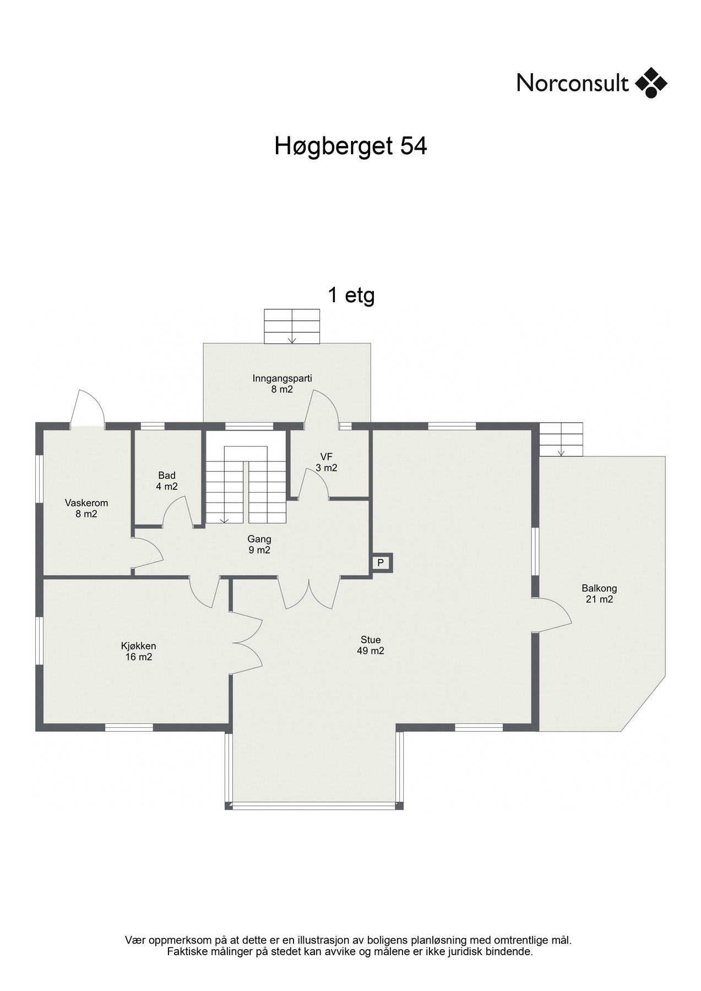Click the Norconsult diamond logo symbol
(651, 83)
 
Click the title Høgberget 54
(351, 146)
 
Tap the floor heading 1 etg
(351, 296)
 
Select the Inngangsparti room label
(282, 384)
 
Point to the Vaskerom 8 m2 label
(86, 508)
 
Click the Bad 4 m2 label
(167, 481)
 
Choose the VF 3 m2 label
(327, 462)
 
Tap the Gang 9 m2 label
(259, 544)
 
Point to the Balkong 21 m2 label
(599, 594)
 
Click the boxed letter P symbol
(380, 563)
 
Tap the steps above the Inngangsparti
(292, 326)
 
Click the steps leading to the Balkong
(561, 439)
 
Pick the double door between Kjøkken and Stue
(246, 642)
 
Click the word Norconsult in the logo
(573, 83)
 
